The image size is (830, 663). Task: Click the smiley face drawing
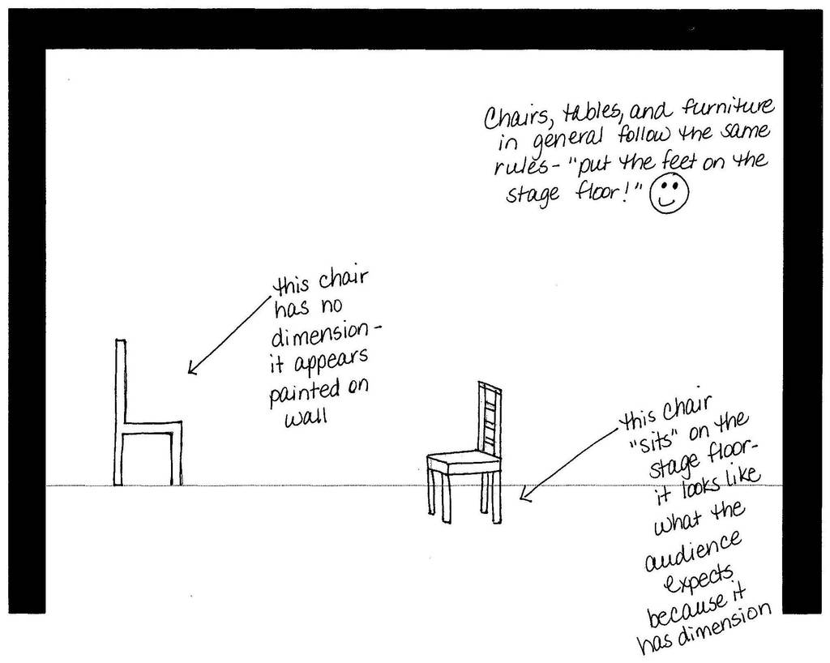click(669, 194)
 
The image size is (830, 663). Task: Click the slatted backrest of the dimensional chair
click(490, 418)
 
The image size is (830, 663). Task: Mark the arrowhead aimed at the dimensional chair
click(525, 494)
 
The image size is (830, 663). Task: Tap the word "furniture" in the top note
click(729, 109)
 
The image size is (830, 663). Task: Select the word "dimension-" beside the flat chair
click(325, 334)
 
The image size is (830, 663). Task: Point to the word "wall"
click(306, 417)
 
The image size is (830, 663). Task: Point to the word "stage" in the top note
click(533, 195)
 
